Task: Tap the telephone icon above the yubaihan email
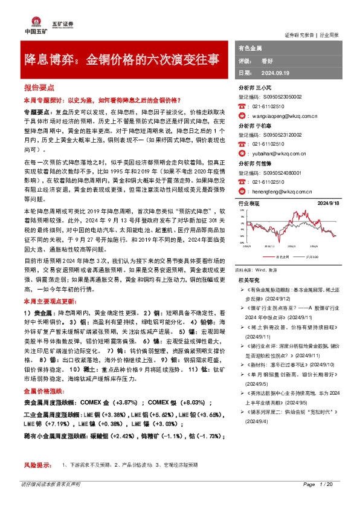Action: [243, 144]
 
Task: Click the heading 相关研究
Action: [249, 280]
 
